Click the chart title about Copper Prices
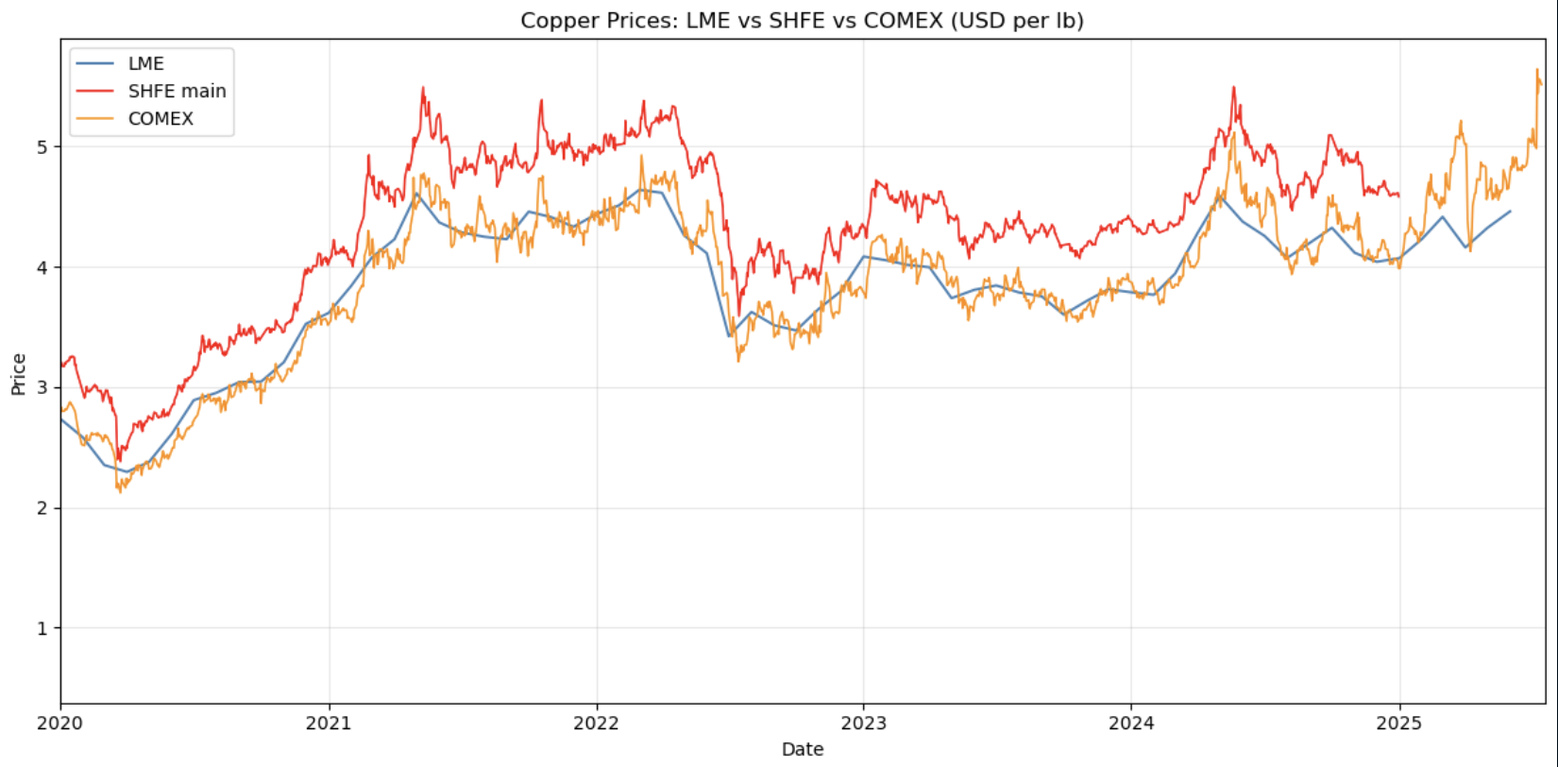pyautogui.click(x=802, y=20)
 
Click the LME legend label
pyautogui.click(x=145, y=63)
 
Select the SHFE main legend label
pyautogui.click(x=177, y=91)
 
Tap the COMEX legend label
pyautogui.click(x=161, y=118)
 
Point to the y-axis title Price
pyautogui.click(x=18, y=374)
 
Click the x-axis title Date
pyautogui.click(x=802, y=749)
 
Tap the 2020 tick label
pyautogui.click(x=61, y=724)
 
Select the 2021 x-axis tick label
pyautogui.click(x=329, y=724)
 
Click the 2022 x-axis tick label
pyautogui.click(x=596, y=724)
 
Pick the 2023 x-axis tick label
pyautogui.click(x=863, y=724)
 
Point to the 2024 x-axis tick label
pyautogui.click(x=1130, y=724)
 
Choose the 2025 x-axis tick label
pyautogui.click(x=1398, y=724)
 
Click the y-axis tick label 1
pyautogui.click(x=42, y=628)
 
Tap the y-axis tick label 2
pyautogui.click(x=42, y=508)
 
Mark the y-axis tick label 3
pyautogui.click(x=42, y=388)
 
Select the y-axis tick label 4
pyautogui.click(x=42, y=267)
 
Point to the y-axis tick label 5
pyautogui.click(x=42, y=147)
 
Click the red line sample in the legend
pyautogui.click(x=94, y=91)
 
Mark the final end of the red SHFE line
pyautogui.click(x=1398, y=196)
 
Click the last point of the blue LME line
pyautogui.click(x=1511, y=212)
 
